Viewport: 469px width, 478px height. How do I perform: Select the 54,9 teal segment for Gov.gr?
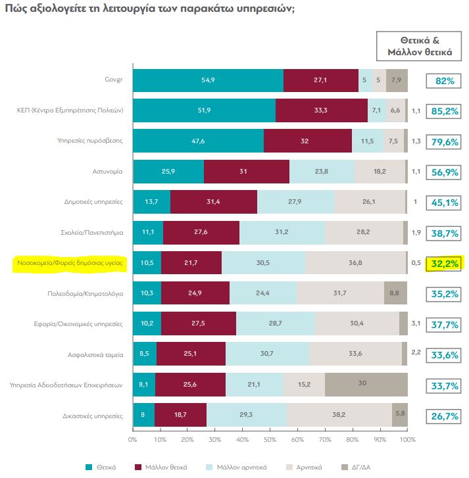click(208, 80)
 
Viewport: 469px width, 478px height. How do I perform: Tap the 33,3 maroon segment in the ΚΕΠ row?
click(321, 110)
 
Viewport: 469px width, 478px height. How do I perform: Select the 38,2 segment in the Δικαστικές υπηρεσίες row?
click(339, 416)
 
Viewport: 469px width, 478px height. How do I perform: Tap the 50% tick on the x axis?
click(270, 439)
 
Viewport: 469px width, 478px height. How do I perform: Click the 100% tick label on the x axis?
click(407, 439)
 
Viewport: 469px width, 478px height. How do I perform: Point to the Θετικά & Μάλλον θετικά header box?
click(417, 46)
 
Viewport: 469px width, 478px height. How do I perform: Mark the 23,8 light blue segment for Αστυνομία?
click(322, 171)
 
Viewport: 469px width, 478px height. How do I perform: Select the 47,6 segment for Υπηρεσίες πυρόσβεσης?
click(198, 141)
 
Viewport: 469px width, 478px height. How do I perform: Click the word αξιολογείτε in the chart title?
click(67, 10)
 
